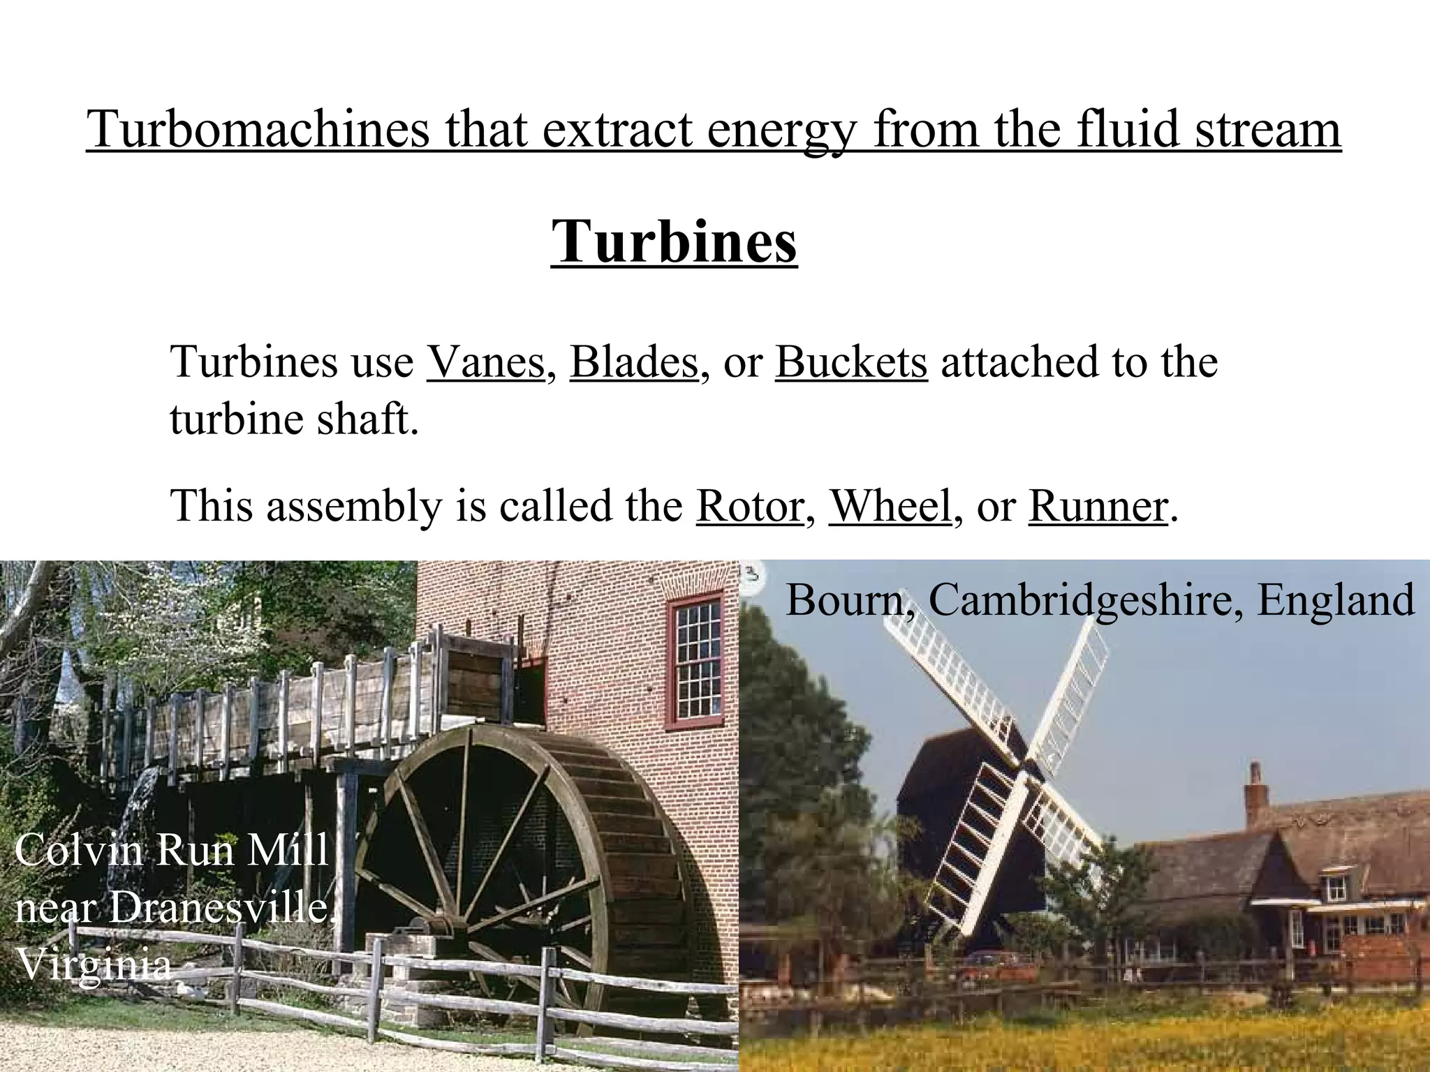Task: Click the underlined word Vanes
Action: click(x=485, y=362)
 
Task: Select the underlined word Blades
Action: click(x=634, y=362)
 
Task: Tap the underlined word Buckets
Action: click(x=851, y=362)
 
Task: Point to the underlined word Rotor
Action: click(x=749, y=506)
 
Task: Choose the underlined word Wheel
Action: click(x=890, y=506)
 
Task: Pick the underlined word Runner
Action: click(x=1098, y=506)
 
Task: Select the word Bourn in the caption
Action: click(x=845, y=600)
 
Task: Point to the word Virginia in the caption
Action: click(x=93, y=965)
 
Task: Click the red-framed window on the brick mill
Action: click(x=695, y=660)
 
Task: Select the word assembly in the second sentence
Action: click(x=355, y=506)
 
